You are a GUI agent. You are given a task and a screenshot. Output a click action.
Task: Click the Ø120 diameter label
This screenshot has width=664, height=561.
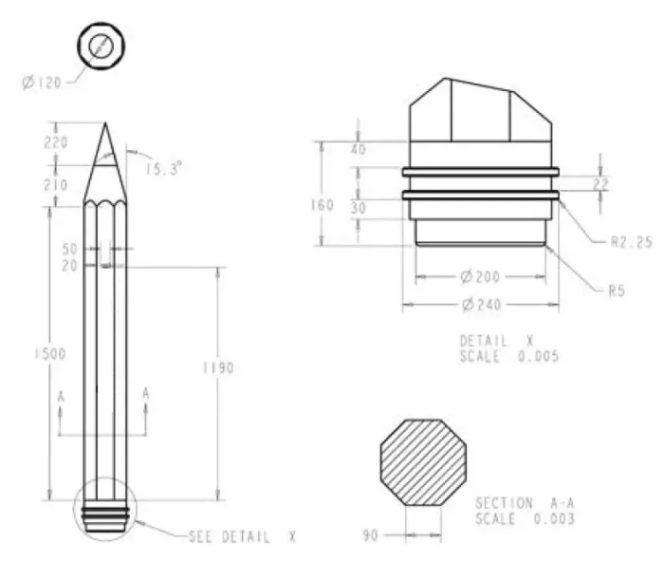[x=42, y=83]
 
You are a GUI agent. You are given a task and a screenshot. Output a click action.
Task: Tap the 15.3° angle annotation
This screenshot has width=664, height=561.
[x=164, y=169]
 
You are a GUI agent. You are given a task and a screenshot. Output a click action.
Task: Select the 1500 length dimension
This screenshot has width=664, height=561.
[x=50, y=354]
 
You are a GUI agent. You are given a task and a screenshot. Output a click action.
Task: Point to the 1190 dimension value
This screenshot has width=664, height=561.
[x=218, y=367]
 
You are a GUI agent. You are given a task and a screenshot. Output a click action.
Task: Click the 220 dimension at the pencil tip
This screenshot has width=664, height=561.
[x=56, y=142]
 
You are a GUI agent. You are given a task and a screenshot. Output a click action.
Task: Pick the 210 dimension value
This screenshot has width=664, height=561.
[x=56, y=185]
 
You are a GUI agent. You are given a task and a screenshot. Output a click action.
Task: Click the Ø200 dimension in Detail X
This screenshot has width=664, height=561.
[x=480, y=277]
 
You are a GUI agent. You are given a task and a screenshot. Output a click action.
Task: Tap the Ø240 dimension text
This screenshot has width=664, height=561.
[x=481, y=304]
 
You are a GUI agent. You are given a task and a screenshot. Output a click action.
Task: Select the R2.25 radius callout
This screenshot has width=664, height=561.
[x=632, y=242]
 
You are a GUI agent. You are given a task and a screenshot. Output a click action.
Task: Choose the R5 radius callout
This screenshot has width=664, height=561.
[x=617, y=291]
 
